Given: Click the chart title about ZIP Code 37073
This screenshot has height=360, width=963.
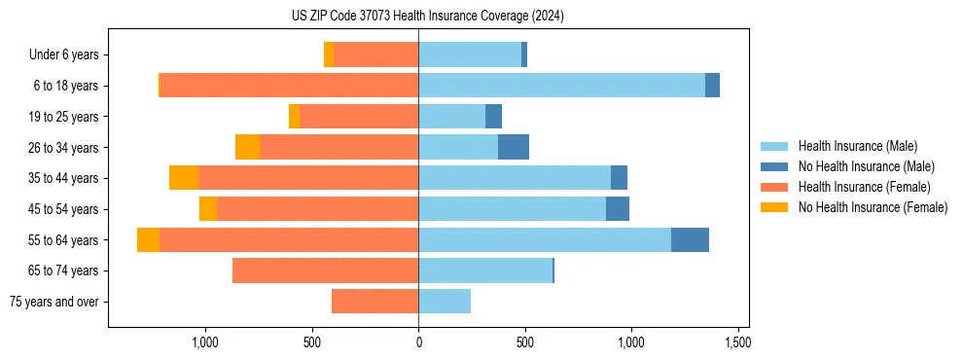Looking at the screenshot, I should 427,16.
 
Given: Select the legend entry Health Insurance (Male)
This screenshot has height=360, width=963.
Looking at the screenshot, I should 857,146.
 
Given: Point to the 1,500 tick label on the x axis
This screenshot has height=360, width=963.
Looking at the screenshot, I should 737,343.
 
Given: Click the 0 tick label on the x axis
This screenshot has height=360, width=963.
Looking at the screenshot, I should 418,343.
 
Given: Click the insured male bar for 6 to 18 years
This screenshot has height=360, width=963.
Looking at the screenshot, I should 561,86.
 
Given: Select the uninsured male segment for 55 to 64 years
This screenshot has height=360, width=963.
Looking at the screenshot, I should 690,240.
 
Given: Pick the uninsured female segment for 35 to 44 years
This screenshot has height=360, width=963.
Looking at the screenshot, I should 184,178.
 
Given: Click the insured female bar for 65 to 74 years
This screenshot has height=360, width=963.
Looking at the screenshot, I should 325,270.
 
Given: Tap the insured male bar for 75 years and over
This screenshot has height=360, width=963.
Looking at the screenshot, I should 445,302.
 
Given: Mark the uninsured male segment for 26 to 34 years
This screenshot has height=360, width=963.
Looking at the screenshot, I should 514,148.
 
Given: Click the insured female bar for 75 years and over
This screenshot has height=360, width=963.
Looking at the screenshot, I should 374,302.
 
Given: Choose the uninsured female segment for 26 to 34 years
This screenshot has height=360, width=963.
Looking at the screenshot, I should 247,148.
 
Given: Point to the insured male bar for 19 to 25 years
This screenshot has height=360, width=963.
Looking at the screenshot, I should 451,117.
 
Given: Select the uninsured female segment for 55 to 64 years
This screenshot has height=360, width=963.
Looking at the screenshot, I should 148,240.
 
